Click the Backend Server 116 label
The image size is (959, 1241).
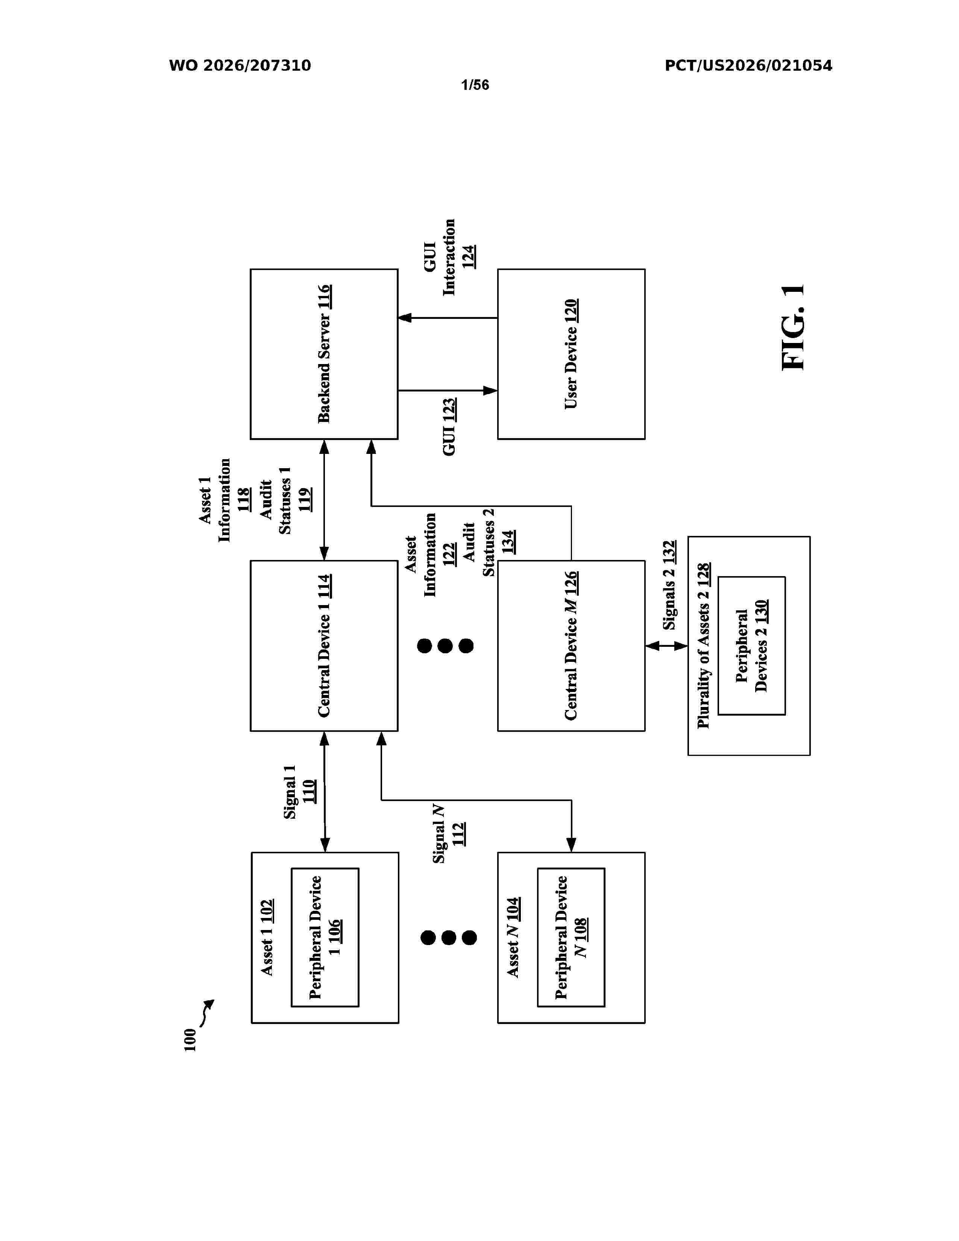[x=325, y=354]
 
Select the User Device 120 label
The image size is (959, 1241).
[x=571, y=353]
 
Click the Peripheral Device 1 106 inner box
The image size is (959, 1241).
[x=325, y=937]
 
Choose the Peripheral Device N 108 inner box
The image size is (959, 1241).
[x=571, y=937]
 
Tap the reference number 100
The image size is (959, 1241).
[x=190, y=1040]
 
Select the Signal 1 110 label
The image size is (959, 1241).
[x=299, y=792]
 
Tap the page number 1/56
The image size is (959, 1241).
[x=475, y=85]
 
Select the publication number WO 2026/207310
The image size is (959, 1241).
[x=240, y=65]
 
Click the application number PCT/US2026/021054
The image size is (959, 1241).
[x=749, y=65]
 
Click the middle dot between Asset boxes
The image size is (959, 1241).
[x=448, y=938]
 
